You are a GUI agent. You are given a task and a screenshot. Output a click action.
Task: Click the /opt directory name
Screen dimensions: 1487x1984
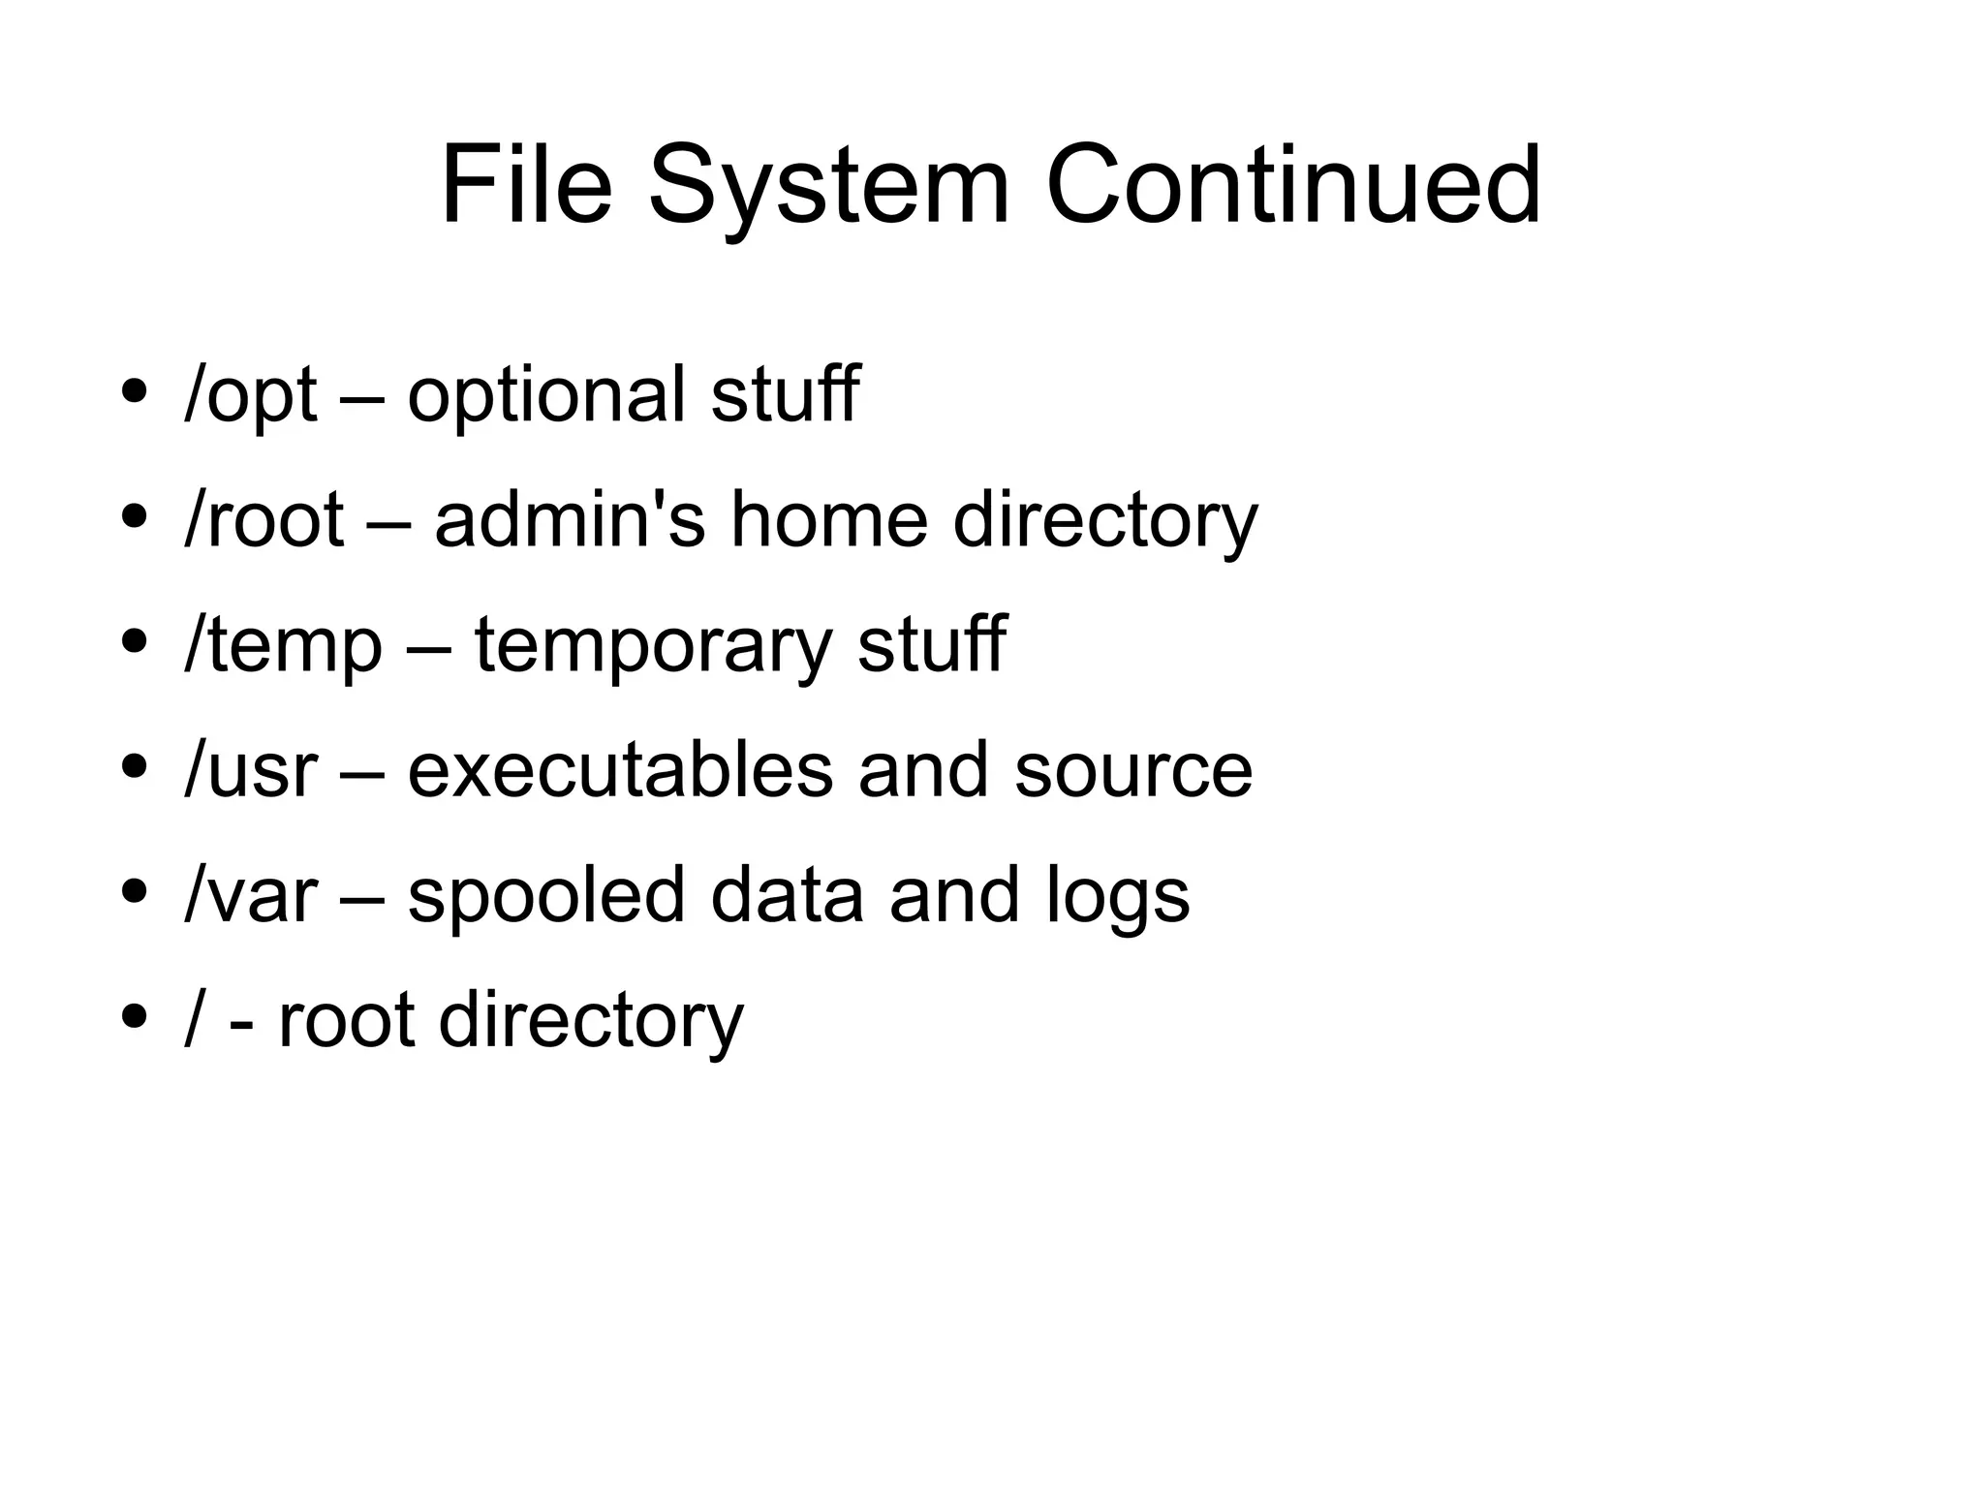(250, 395)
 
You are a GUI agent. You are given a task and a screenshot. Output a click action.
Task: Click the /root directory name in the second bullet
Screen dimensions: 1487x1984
(263, 520)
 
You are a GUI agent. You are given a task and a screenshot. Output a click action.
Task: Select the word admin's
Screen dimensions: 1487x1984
(570, 520)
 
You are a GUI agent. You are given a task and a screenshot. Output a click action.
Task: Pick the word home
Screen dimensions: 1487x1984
(829, 520)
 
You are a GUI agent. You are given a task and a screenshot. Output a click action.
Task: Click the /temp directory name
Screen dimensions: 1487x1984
(283, 645)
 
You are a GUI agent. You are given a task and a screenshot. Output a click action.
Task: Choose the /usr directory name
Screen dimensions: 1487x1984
(250, 770)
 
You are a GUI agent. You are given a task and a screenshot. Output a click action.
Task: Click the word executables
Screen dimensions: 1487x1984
(620, 770)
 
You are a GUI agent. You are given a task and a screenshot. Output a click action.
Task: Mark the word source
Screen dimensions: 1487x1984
(1132, 770)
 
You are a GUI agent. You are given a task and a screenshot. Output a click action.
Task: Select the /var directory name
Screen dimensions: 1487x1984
(250, 895)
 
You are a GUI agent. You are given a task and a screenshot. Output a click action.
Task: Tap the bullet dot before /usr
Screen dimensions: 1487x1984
(134, 766)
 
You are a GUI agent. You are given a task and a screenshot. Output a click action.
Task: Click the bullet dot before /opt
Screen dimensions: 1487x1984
(134, 391)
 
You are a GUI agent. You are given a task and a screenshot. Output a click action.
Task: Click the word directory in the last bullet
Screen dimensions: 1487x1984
(591, 1021)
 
